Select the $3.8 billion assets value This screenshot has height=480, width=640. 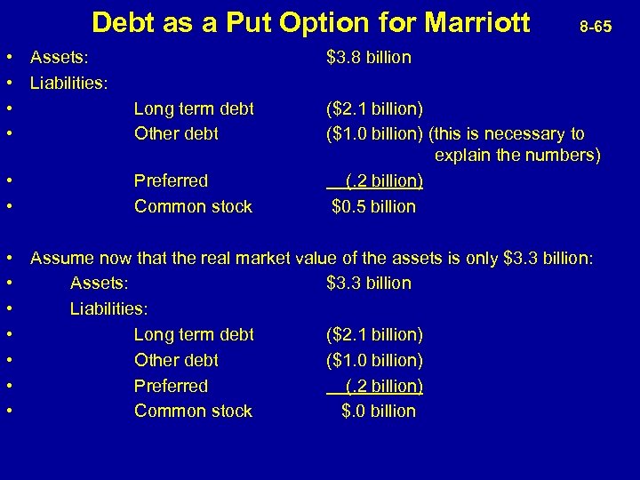(369, 58)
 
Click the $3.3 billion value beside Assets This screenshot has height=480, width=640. (369, 284)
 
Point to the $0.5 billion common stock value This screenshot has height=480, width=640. (373, 206)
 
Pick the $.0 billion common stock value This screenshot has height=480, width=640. (379, 412)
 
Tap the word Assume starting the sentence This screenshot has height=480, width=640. (60, 259)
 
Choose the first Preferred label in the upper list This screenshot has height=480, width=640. (171, 181)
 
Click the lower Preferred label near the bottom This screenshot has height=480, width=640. (171, 387)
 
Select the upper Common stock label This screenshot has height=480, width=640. (193, 207)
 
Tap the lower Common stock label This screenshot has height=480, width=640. (193, 412)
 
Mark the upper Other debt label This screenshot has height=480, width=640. (176, 134)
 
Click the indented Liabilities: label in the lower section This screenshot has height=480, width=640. (109, 309)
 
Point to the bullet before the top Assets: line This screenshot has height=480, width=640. (8, 58)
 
